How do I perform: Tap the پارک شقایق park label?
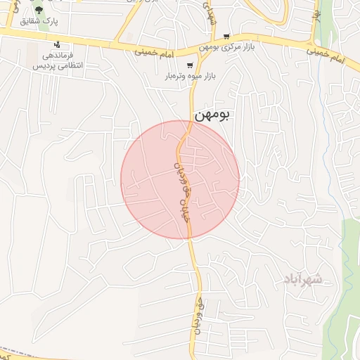[x=39, y=21]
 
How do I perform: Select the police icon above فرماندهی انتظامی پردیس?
[x=57, y=44]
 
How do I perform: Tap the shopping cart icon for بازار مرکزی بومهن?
[x=226, y=37]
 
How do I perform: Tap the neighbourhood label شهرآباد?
[x=302, y=280]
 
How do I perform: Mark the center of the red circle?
[x=180, y=180]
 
